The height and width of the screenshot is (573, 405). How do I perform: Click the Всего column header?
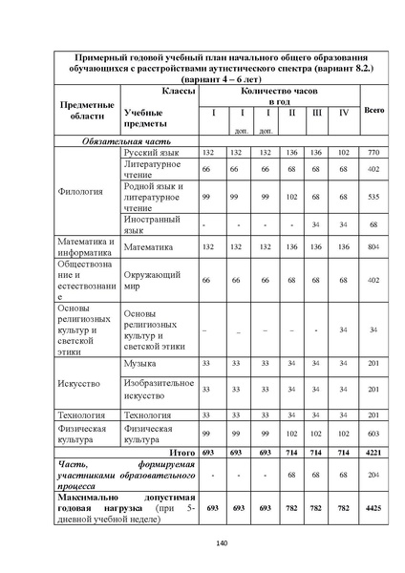[x=373, y=112]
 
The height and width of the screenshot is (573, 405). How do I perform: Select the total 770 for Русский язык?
[x=373, y=153]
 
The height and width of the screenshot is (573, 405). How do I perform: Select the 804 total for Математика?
[x=373, y=245]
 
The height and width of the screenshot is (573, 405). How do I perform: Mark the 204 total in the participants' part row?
[x=373, y=475]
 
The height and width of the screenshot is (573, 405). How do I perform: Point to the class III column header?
[x=315, y=113]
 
